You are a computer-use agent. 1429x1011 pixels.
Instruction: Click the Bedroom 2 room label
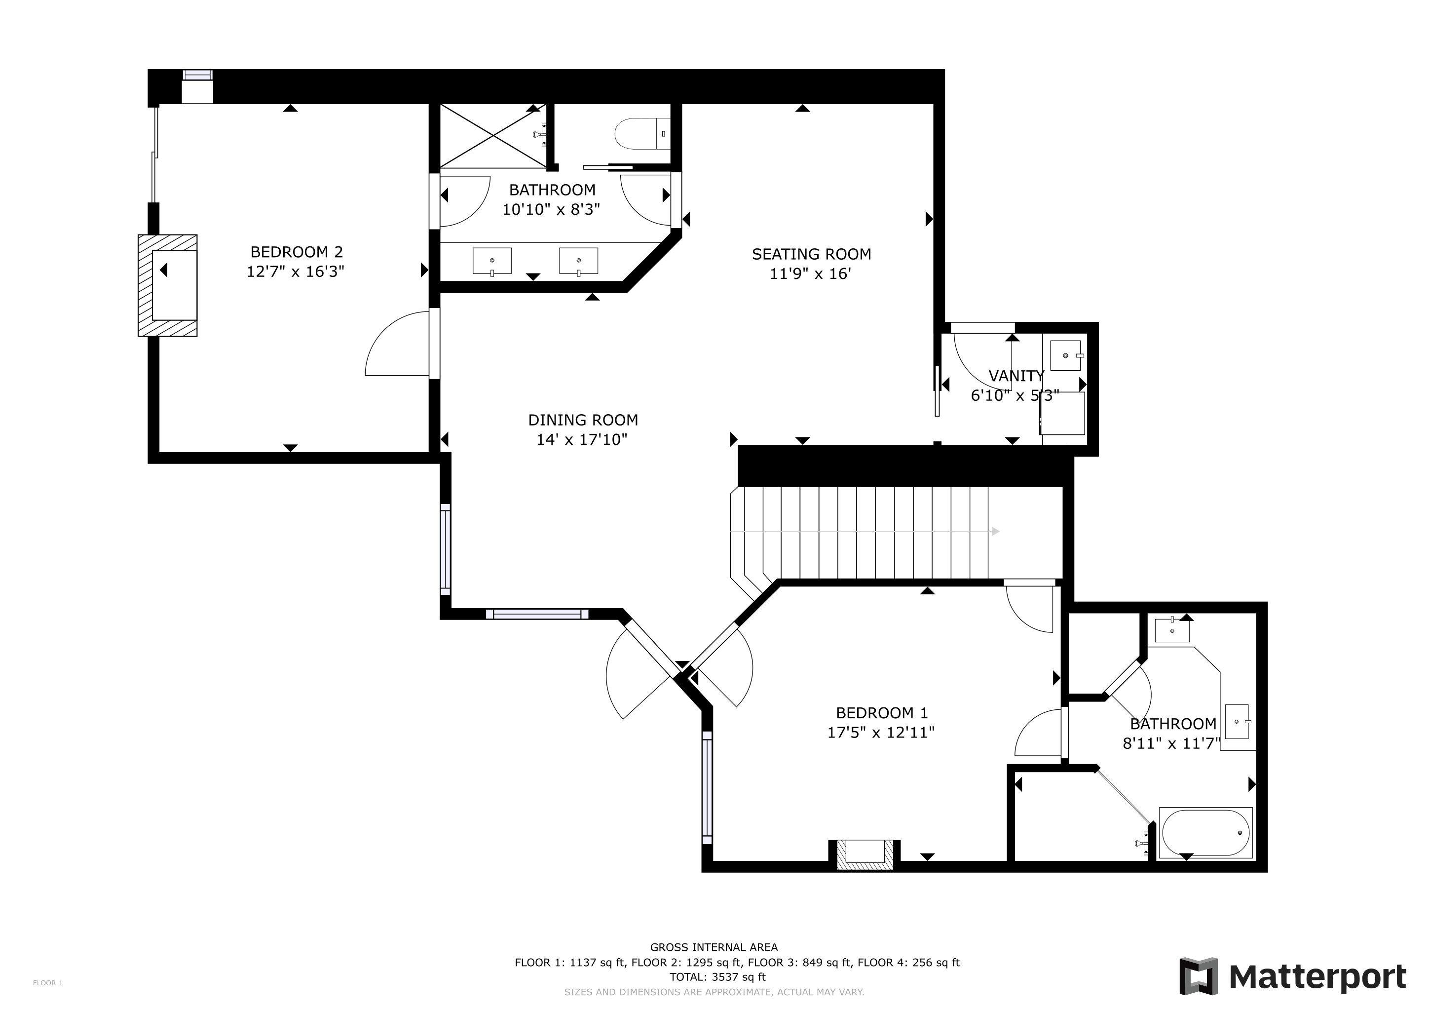(296, 252)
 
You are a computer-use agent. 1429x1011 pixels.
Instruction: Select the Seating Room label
(811, 254)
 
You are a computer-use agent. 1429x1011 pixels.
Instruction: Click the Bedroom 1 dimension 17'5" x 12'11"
(881, 732)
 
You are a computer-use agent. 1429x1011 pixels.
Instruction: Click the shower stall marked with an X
(493, 136)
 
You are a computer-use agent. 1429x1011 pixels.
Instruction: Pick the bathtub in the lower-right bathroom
(1205, 832)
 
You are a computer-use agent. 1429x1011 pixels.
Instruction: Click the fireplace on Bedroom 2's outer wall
(167, 286)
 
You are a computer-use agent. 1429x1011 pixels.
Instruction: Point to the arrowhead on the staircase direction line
(996, 531)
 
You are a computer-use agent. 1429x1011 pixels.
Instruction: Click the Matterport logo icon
(1199, 975)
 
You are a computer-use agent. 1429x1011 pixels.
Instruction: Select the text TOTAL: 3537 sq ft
(717, 977)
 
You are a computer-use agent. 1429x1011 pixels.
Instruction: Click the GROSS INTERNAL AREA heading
(714, 947)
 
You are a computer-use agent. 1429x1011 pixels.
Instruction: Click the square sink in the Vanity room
(1065, 355)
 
